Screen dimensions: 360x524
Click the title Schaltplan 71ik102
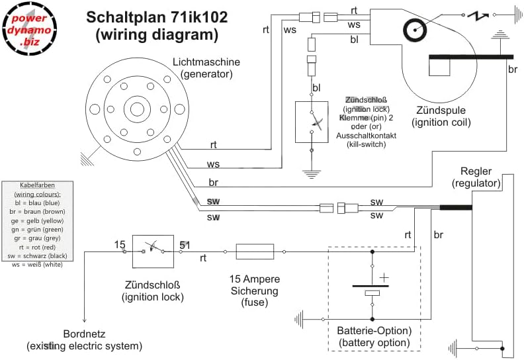pyautogui.click(x=157, y=17)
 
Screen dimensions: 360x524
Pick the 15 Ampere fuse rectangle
pyautogui.click(x=255, y=251)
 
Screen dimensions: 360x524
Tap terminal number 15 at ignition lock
pyautogui.click(x=119, y=245)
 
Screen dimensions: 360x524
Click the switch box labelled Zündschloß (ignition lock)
pyautogui.click(x=153, y=251)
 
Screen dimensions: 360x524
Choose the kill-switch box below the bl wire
pyautogui.click(x=312, y=121)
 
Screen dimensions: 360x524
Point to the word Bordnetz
pyautogui.click(x=84, y=334)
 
